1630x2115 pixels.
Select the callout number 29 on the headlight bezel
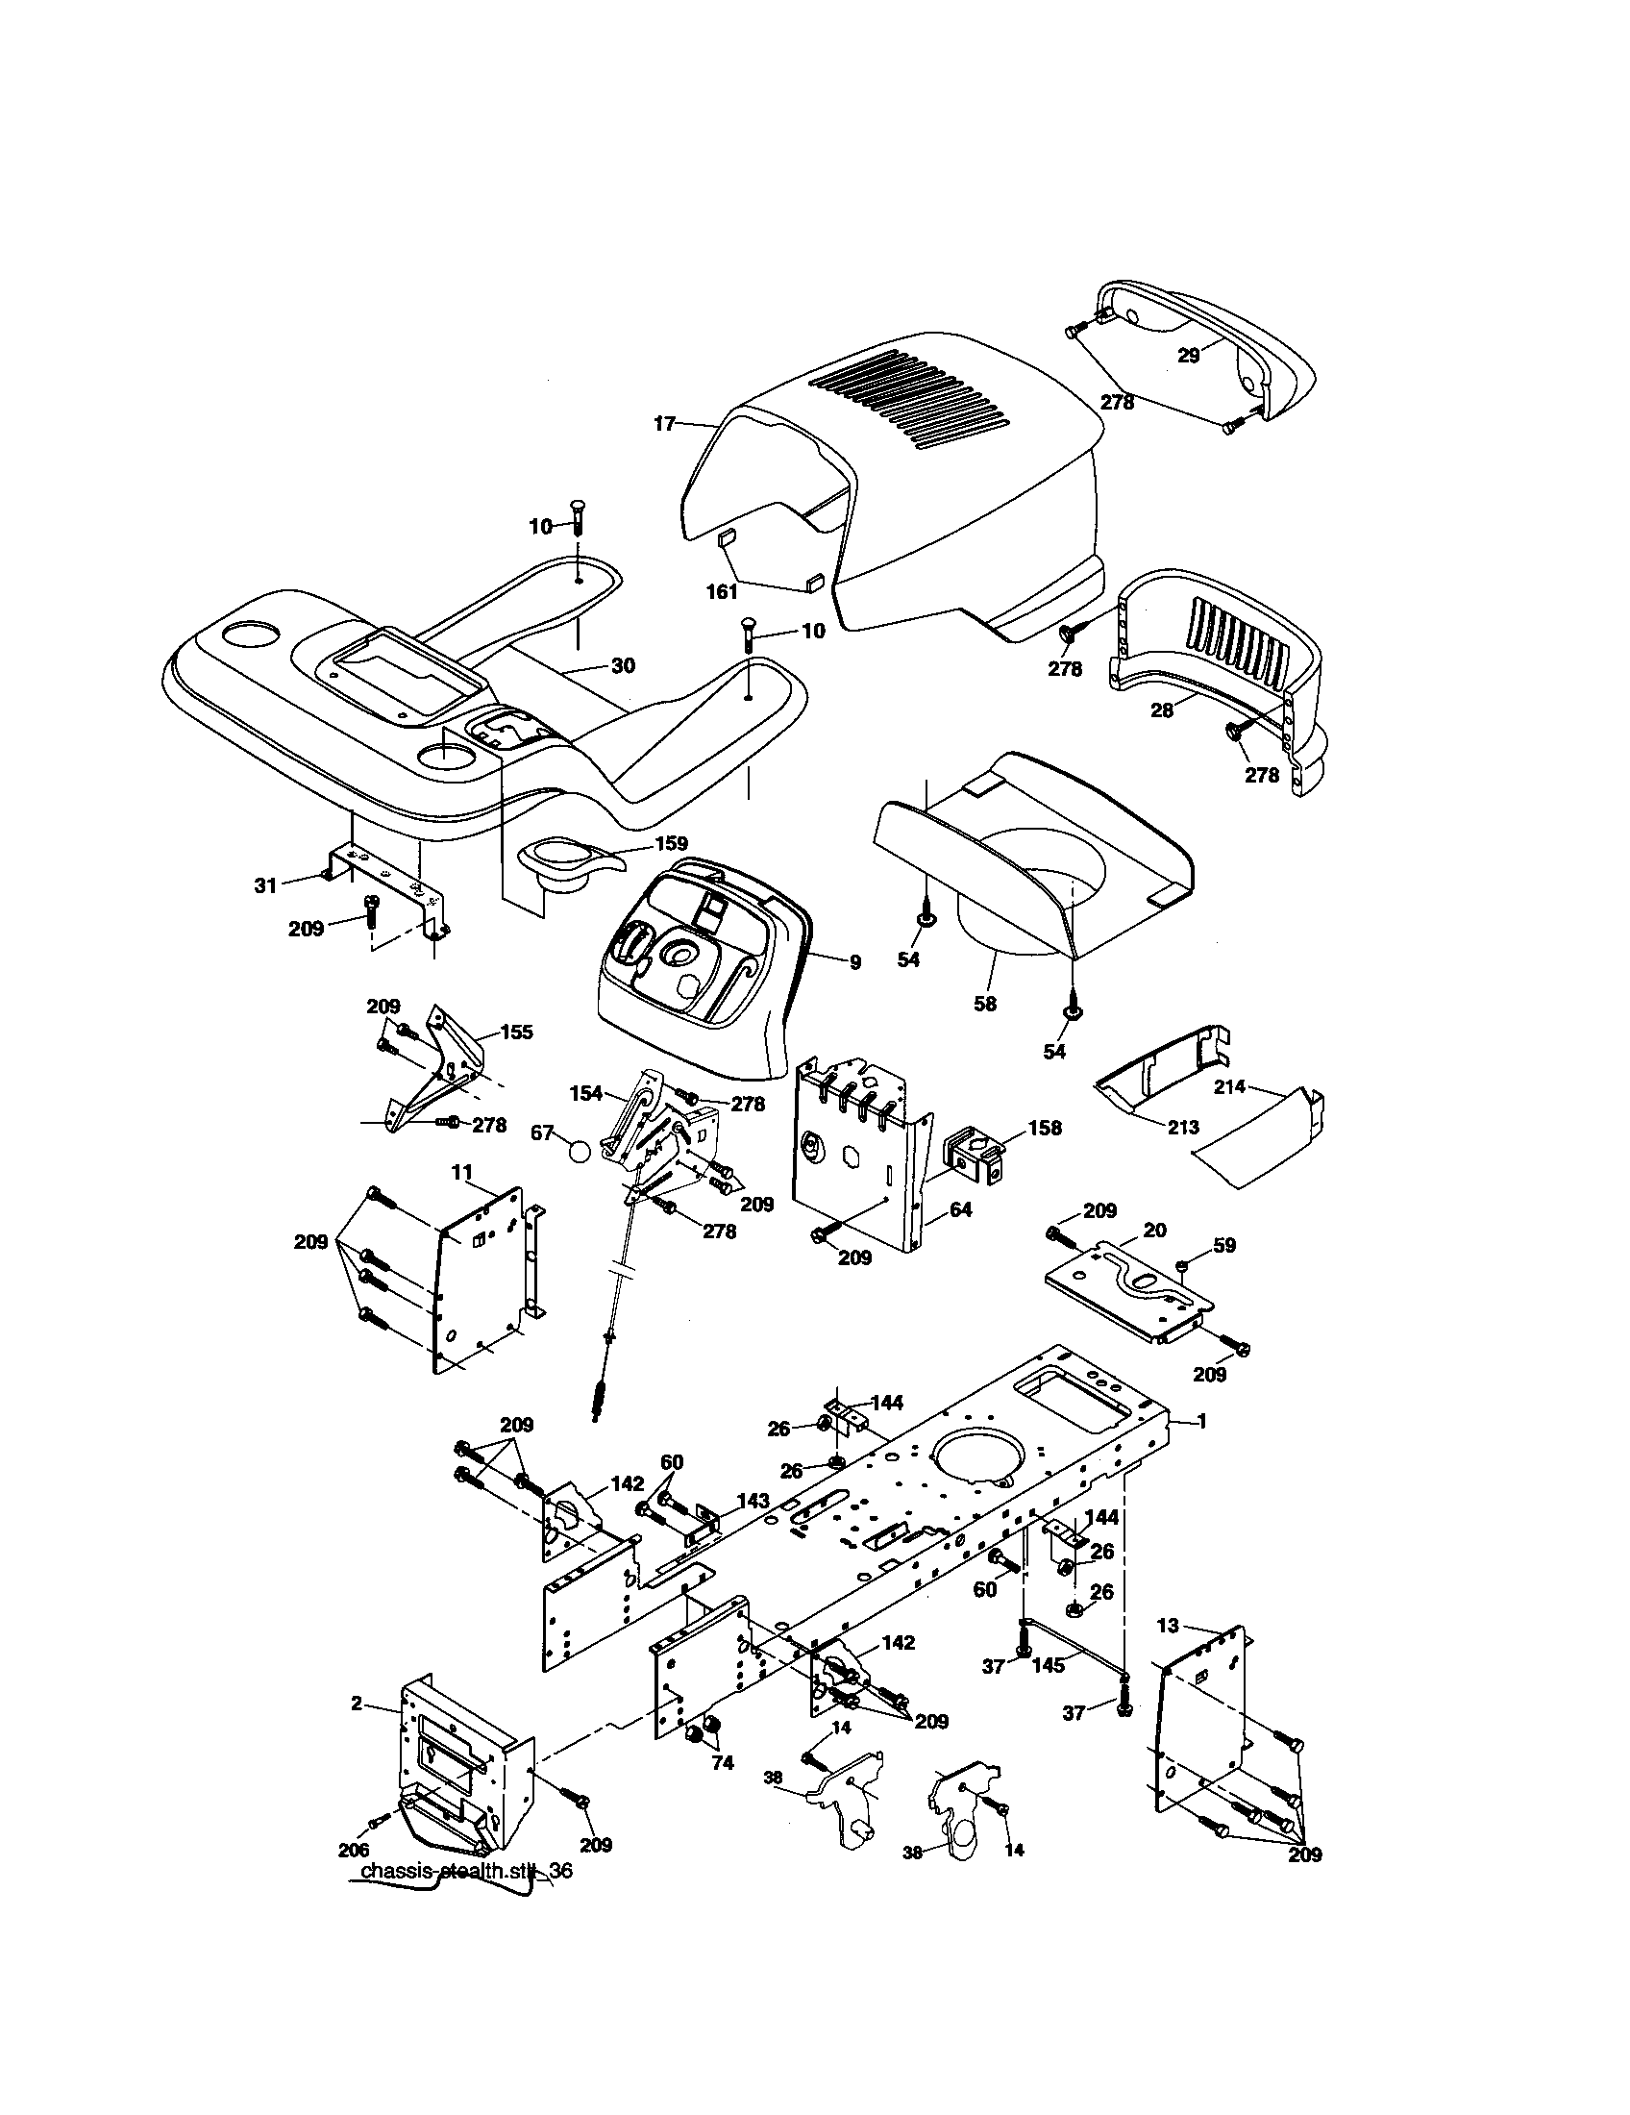click(1188, 356)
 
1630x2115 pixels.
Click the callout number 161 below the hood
click(722, 591)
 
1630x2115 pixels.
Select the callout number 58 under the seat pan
click(984, 1005)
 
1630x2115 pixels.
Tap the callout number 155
click(516, 1033)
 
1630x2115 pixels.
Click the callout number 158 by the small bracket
click(1045, 1128)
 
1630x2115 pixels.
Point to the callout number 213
click(1183, 1127)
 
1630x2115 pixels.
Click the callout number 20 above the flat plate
click(1155, 1230)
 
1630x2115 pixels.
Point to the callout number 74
click(722, 1763)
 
